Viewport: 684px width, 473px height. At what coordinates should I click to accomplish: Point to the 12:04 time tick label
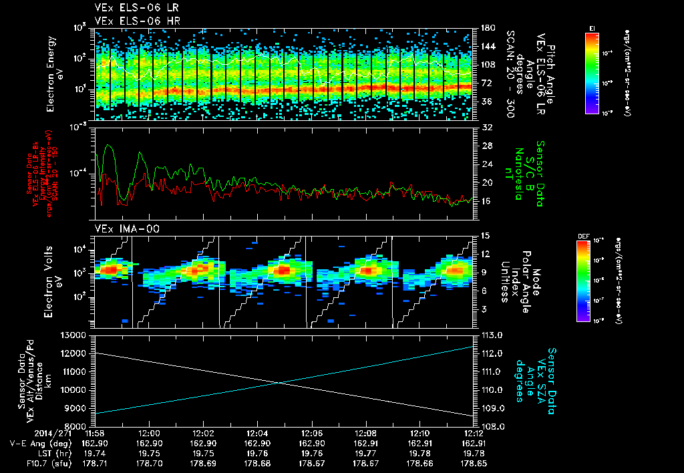(257, 433)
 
